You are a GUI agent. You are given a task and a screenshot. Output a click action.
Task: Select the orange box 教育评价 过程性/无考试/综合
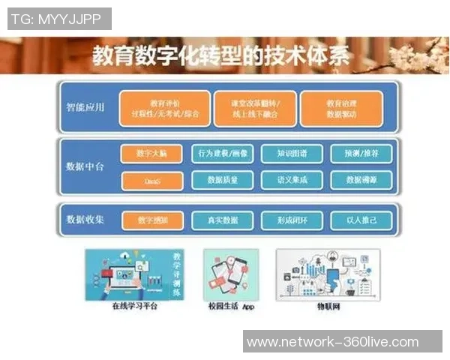[164, 108]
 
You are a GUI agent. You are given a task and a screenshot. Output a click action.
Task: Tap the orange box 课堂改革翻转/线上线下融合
[250, 108]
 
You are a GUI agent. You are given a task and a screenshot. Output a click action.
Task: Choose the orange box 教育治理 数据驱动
[341, 108]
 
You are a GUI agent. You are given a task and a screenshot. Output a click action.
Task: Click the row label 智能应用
[85, 107]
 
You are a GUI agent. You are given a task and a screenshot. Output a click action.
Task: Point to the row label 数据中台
[85, 166]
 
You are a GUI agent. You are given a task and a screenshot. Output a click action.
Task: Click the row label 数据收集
[85, 220]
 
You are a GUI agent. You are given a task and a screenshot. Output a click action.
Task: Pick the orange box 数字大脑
[151, 154]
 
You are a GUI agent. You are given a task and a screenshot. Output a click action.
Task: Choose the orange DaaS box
[151, 181]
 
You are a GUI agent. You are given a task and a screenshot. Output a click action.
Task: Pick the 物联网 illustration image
[328, 274]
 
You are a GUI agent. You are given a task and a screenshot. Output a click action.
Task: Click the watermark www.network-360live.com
[332, 342]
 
